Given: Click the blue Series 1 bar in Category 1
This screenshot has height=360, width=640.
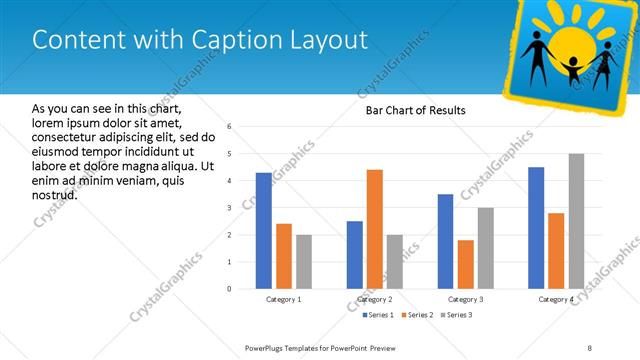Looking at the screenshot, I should tap(263, 230).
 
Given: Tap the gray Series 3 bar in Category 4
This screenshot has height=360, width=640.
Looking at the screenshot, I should tap(576, 221).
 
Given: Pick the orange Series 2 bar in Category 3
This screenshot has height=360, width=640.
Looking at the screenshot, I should tap(466, 264).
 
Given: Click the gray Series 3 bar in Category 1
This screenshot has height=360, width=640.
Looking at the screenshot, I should tap(304, 261).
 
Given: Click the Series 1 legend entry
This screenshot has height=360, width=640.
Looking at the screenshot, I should tap(376, 315).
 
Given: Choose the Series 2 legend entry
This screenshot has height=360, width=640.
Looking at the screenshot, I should tap(416, 315).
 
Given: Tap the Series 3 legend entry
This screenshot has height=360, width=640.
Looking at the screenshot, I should tap(456, 315).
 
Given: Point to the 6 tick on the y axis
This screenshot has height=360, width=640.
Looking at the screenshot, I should tap(230, 127).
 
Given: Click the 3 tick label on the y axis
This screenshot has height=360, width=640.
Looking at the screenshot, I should tap(230, 208).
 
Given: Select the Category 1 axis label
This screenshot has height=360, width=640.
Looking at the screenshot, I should tap(283, 299).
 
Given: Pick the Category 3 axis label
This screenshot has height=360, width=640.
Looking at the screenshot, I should tap(465, 299).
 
